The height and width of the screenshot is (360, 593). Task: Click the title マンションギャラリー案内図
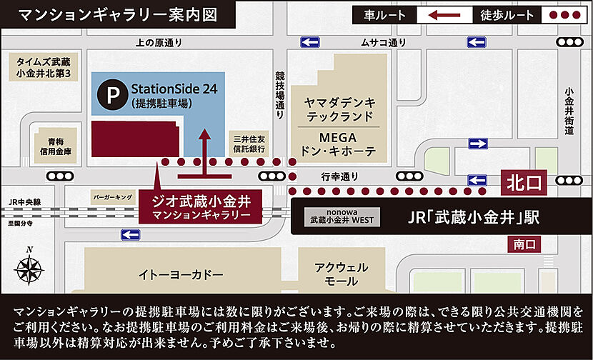pyautogui.click(x=117, y=14)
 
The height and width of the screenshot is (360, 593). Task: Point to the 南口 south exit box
pyautogui.click(x=524, y=245)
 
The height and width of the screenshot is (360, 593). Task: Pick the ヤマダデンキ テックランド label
pyautogui.click(x=340, y=109)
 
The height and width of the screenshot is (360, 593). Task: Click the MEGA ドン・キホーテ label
pyautogui.click(x=340, y=143)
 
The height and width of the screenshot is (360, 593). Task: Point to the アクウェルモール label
pyautogui.click(x=341, y=274)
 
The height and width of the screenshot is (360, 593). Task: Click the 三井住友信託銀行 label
pyautogui.click(x=249, y=144)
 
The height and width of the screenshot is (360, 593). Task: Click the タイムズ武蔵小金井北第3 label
pyautogui.click(x=45, y=68)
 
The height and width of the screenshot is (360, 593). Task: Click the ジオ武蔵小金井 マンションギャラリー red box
pyautogui.click(x=201, y=205)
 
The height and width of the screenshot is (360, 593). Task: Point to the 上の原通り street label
pyautogui.click(x=159, y=43)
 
